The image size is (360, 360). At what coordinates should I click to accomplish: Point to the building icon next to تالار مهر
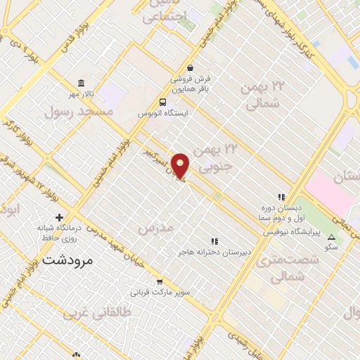81,83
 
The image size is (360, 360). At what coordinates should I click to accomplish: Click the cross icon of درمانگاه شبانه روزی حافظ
59,217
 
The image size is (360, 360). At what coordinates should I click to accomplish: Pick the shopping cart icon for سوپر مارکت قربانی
160,281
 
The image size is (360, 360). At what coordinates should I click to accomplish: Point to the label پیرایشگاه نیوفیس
297,231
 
